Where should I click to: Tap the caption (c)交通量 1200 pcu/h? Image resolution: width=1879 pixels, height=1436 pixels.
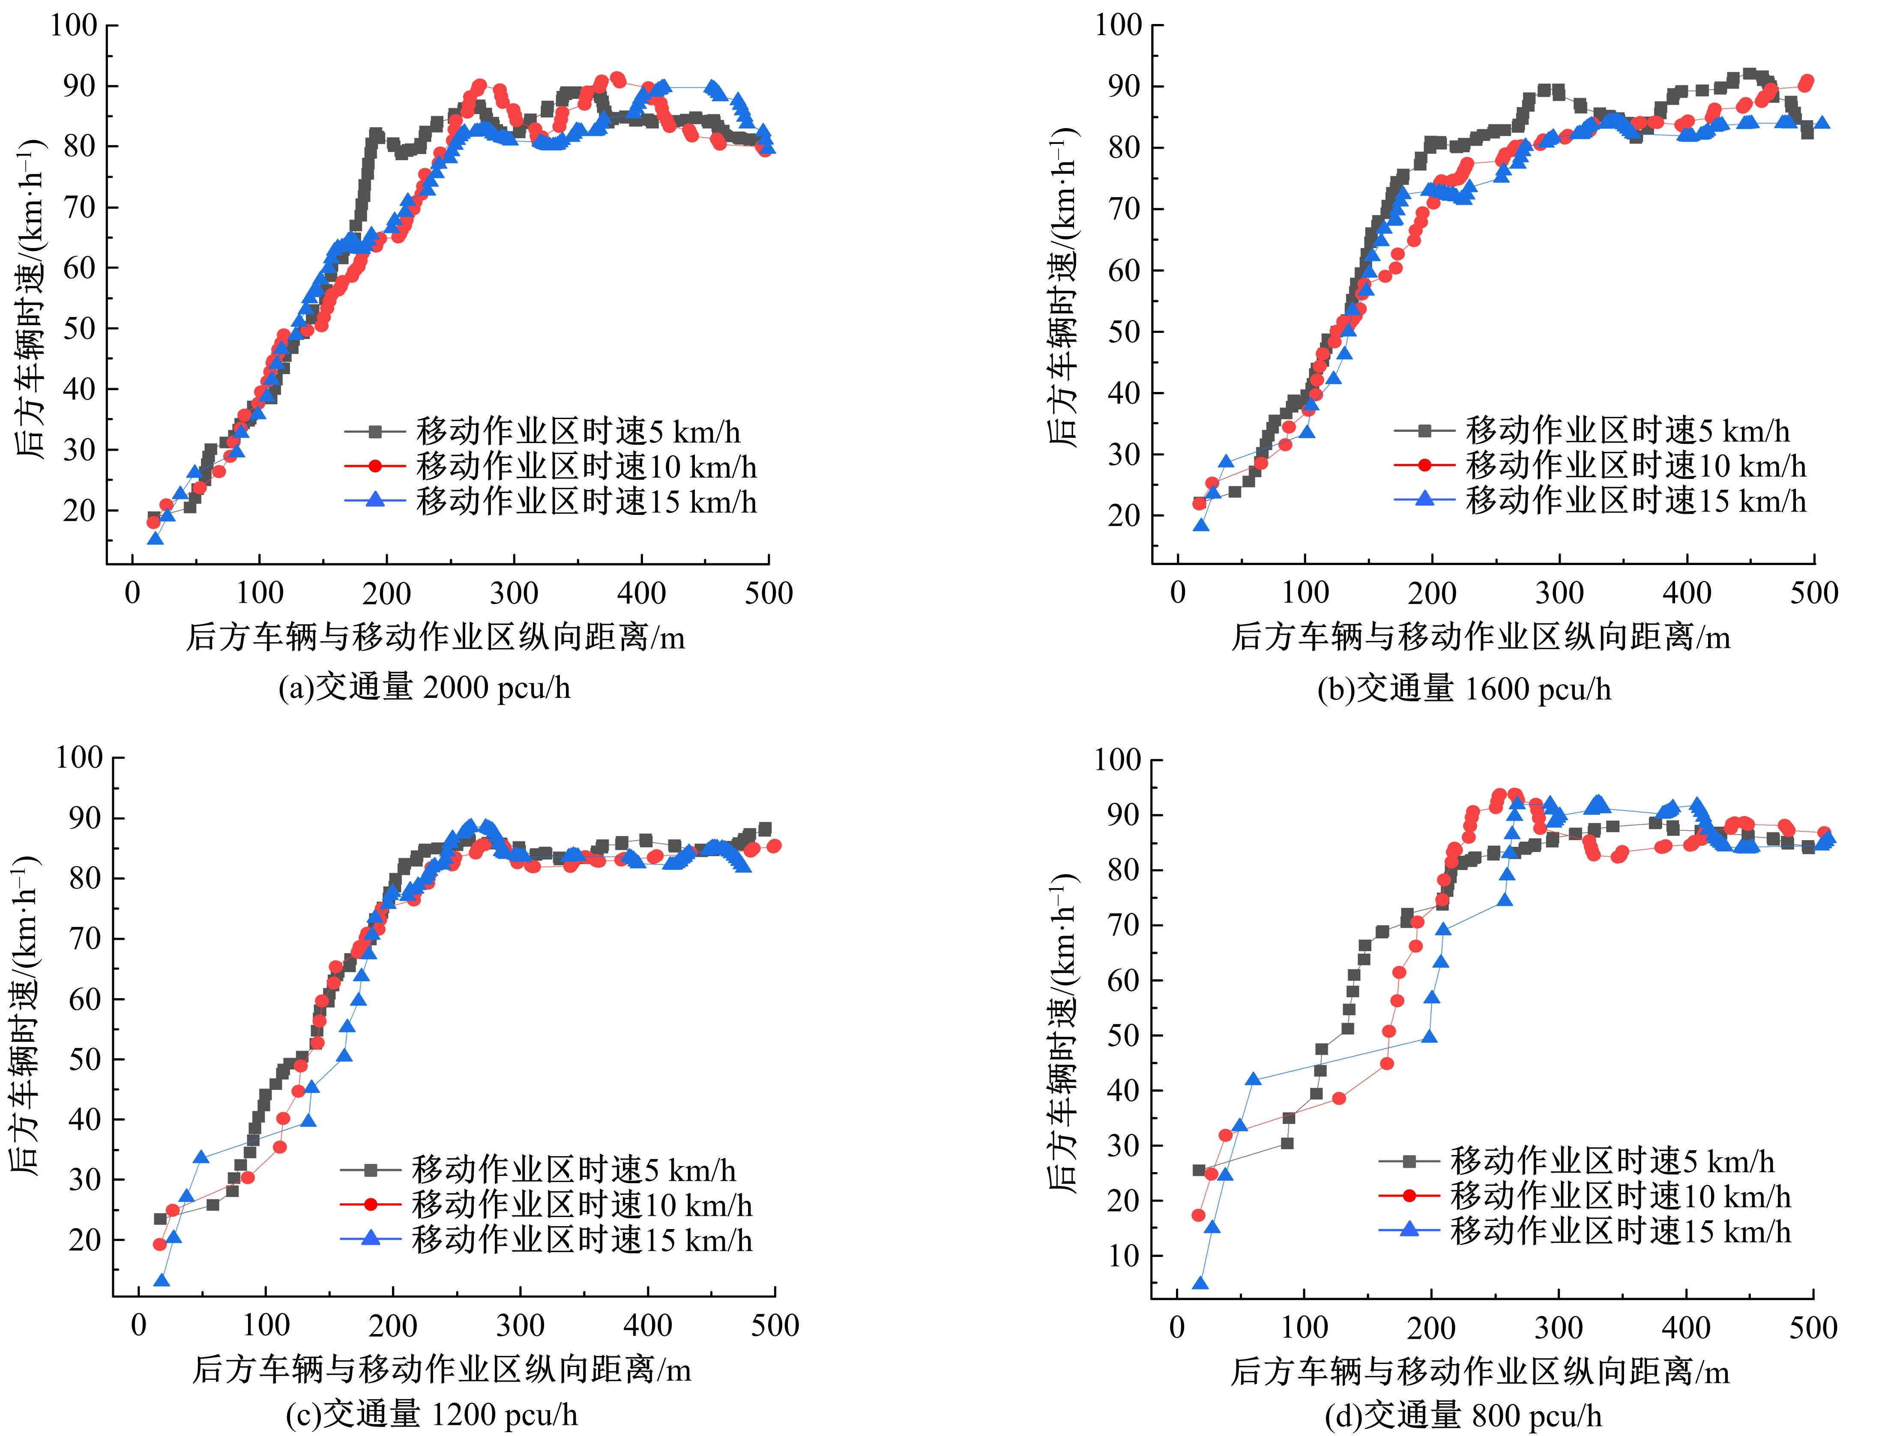[x=432, y=1415]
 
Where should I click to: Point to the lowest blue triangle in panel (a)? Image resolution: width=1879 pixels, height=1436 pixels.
[x=155, y=538]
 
